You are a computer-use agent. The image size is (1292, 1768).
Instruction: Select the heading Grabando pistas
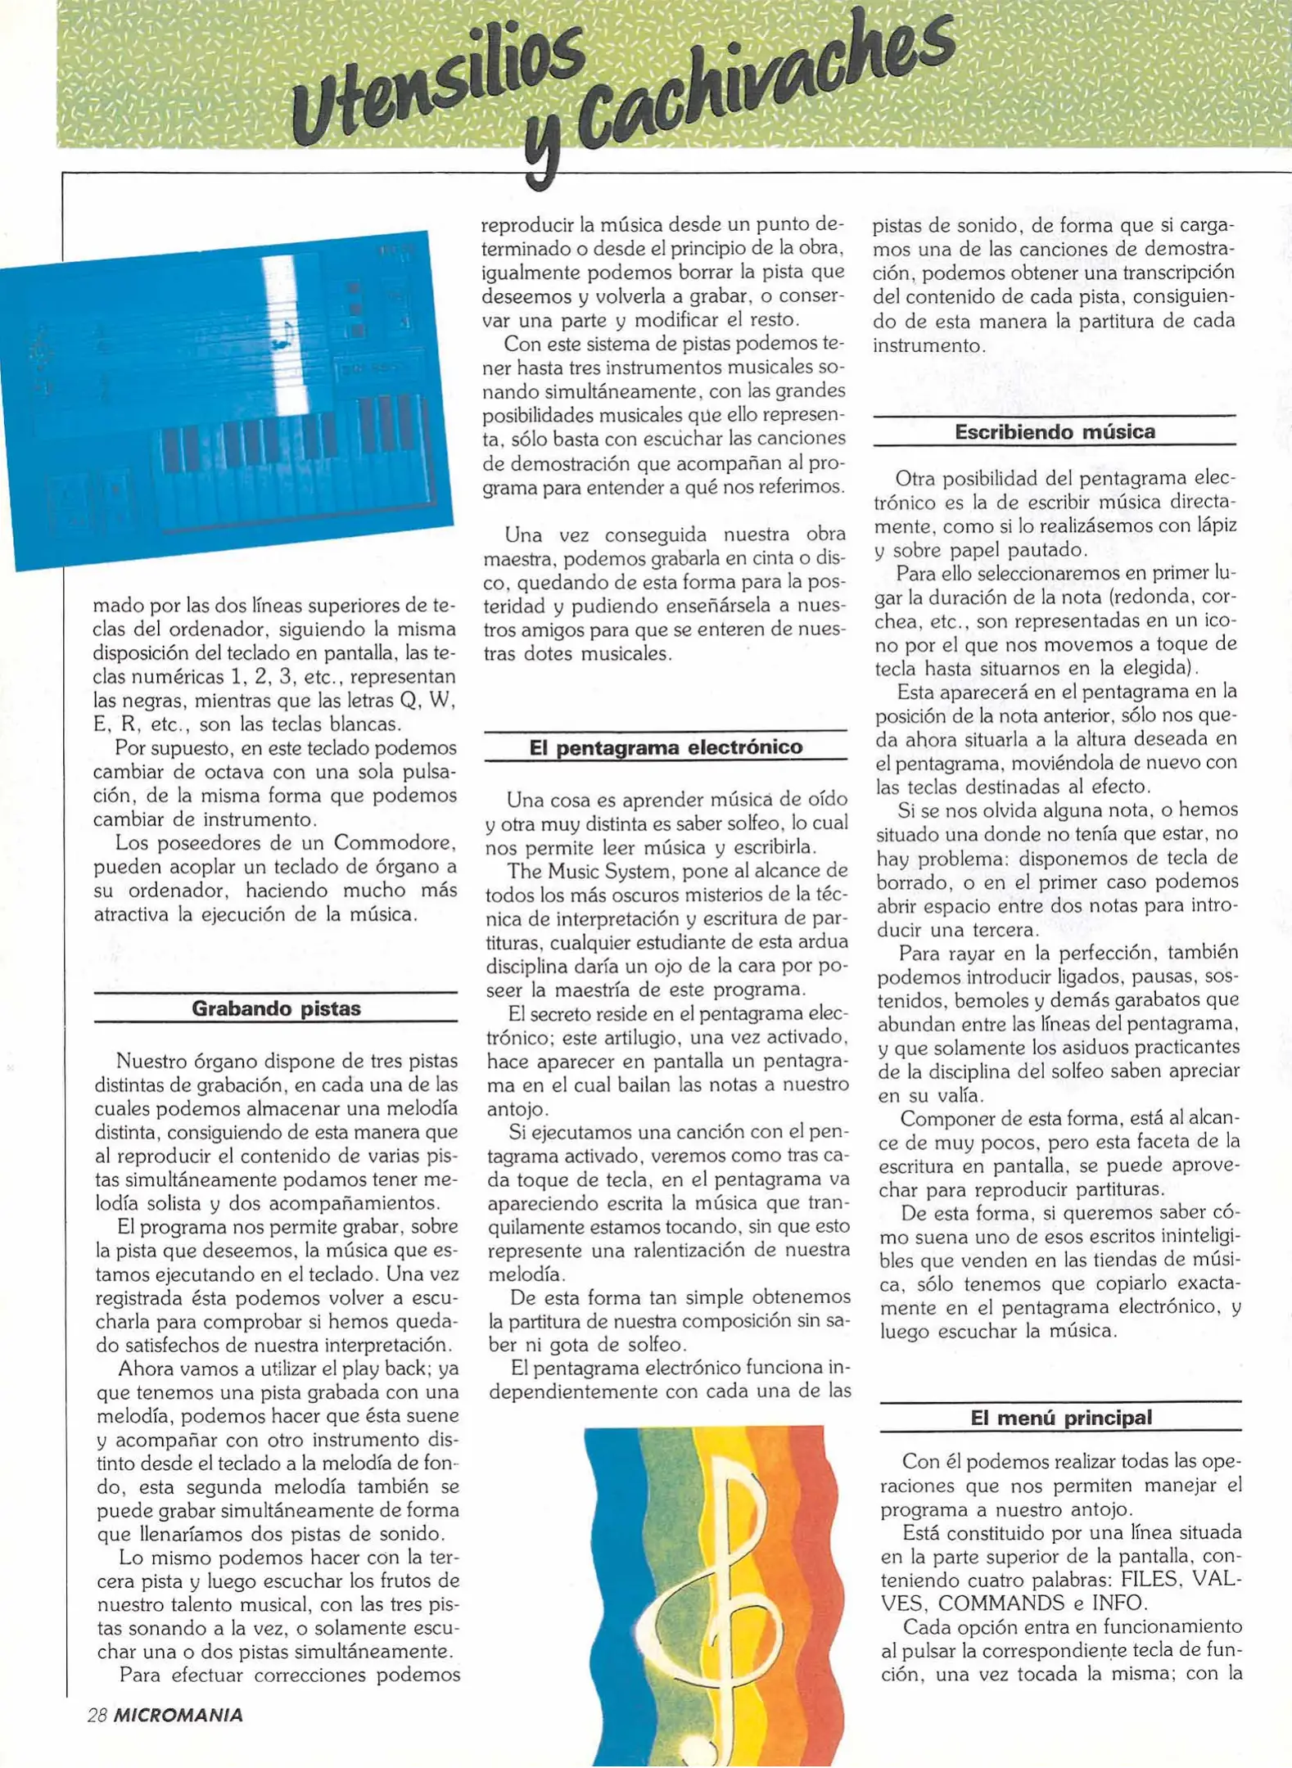pyautogui.click(x=276, y=1008)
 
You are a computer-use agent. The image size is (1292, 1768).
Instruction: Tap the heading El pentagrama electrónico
pyautogui.click(x=666, y=747)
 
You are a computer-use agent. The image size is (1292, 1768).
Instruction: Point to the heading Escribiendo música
pyautogui.click(x=1055, y=431)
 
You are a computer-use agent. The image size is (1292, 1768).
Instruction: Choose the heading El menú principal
pyautogui.click(x=1061, y=1418)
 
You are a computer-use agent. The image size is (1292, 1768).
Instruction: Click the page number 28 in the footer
pyautogui.click(x=97, y=1716)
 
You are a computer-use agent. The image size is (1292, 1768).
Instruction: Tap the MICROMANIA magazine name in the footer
pyautogui.click(x=178, y=1716)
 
